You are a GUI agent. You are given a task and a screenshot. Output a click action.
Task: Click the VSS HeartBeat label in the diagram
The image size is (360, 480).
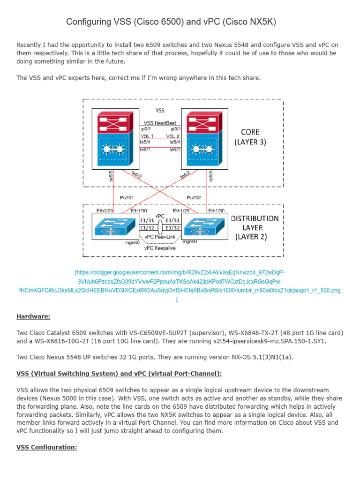[x=160, y=123]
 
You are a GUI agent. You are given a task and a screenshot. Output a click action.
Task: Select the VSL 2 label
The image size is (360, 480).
[x=173, y=135]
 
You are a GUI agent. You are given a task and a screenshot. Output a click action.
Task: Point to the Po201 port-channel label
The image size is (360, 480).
[x=127, y=197]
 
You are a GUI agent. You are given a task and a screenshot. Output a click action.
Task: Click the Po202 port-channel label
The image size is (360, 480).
[x=195, y=197]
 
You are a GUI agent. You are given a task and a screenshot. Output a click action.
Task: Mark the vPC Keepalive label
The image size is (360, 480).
[x=160, y=248]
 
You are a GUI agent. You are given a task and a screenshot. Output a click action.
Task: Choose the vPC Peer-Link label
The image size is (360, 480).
[x=160, y=237]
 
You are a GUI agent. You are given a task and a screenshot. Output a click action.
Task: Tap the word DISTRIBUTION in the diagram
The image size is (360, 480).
[x=255, y=218]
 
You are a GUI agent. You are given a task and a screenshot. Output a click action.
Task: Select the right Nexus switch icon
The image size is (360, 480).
[x=202, y=227]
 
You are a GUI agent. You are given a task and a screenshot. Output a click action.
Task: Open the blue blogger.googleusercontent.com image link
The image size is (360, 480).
[x=180, y=281]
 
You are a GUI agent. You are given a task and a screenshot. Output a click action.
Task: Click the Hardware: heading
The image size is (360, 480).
[x=33, y=316]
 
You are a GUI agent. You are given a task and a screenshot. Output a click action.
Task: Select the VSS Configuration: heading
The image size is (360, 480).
[x=47, y=447]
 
